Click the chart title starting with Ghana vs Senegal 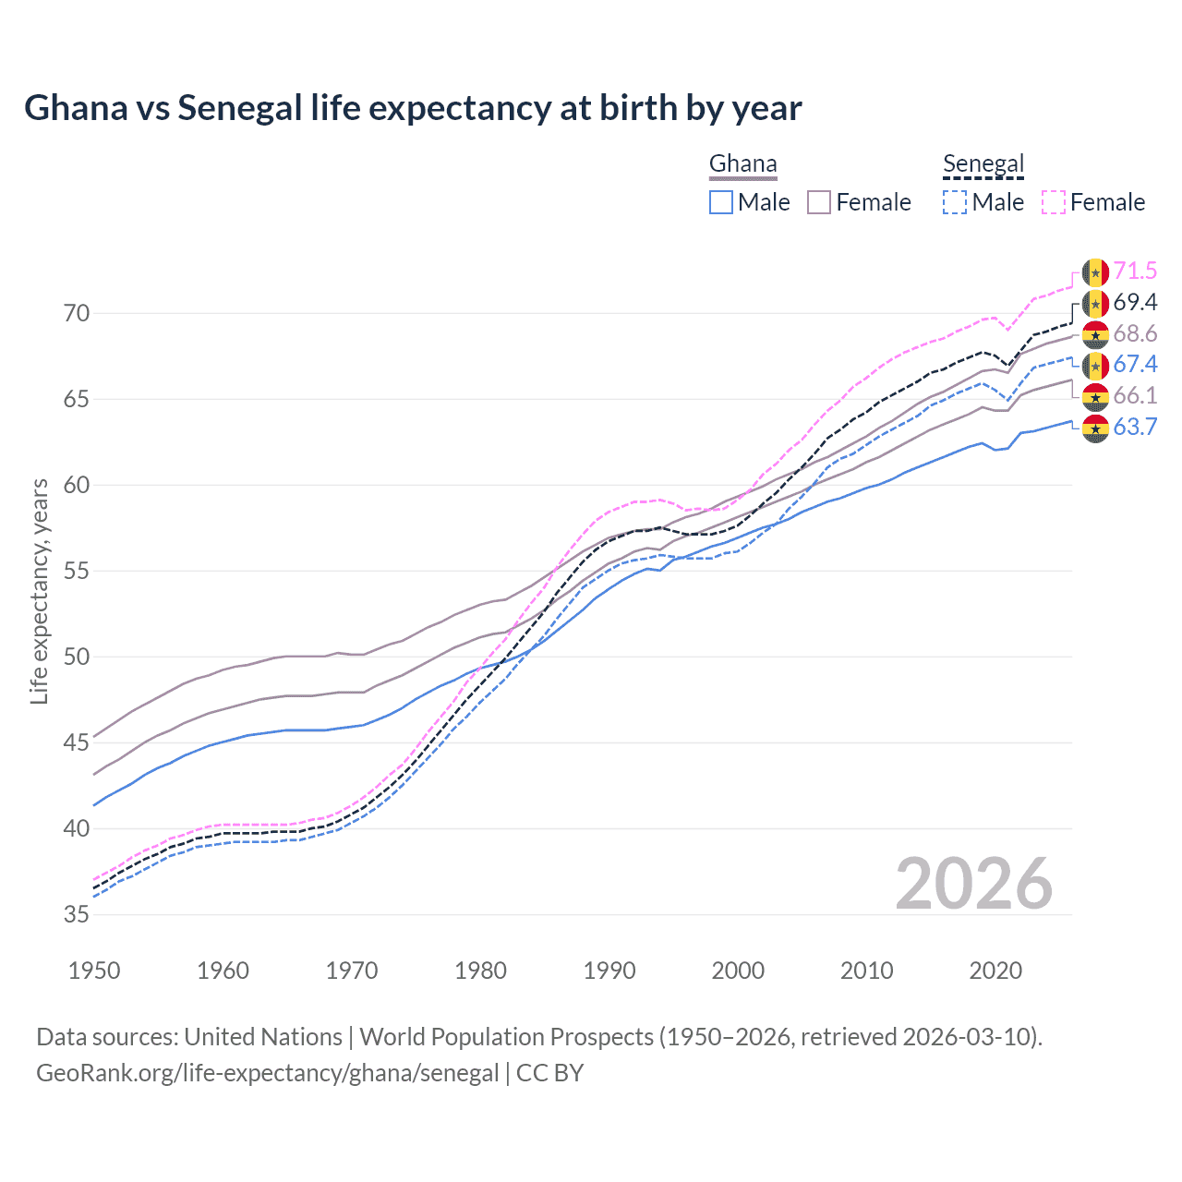pyautogui.click(x=413, y=108)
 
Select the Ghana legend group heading pyautogui.click(x=742, y=164)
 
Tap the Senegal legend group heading pyautogui.click(x=983, y=164)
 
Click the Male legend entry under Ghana pyautogui.click(x=750, y=202)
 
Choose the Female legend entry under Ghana pyautogui.click(x=860, y=202)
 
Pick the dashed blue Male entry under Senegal pyautogui.click(x=983, y=202)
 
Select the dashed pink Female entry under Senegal pyautogui.click(x=1093, y=202)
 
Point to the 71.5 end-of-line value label pyautogui.click(x=1135, y=271)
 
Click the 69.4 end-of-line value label pyautogui.click(x=1135, y=303)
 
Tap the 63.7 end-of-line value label pyautogui.click(x=1135, y=427)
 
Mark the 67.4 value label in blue pyautogui.click(x=1135, y=365)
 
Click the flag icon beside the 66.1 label pyautogui.click(x=1095, y=396)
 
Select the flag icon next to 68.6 pyautogui.click(x=1095, y=334)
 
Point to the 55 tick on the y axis pyautogui.click(x=77, y=572)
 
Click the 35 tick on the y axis pyautogui.click(x=77, y=915)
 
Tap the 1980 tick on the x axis pyautogui.click(x=480, y=971)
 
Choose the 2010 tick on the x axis pyautogui.click(x=866, y=971)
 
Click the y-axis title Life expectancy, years pyautogui.click(x=40, y=591)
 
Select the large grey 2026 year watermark pyautogui.click(x=973, y=884)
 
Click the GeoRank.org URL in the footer pyautogui.click(x=267, y=1073)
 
